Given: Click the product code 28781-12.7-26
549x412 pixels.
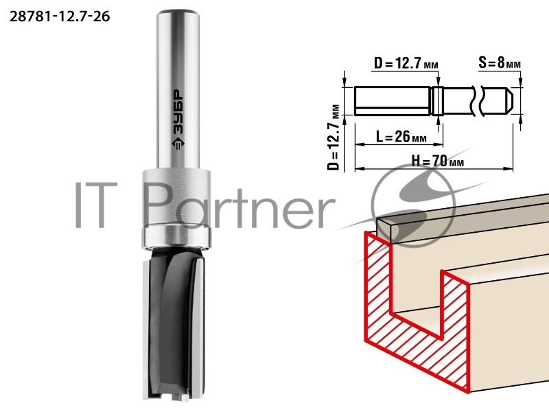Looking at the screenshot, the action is coord(60,16).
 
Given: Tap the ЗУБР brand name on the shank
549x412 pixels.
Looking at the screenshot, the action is coord(178,113).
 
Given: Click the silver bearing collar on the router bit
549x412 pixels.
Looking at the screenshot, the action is coord(176,209).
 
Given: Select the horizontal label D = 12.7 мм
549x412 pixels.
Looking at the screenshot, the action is coord(406,63).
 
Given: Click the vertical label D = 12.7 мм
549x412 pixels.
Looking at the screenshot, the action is coord(334,137).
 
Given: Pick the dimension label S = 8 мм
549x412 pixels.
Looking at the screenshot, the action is coord(500,63).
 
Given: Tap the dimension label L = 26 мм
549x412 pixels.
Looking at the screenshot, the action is coord(401,137).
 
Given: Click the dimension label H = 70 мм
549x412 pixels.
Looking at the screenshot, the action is coord(438,161).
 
